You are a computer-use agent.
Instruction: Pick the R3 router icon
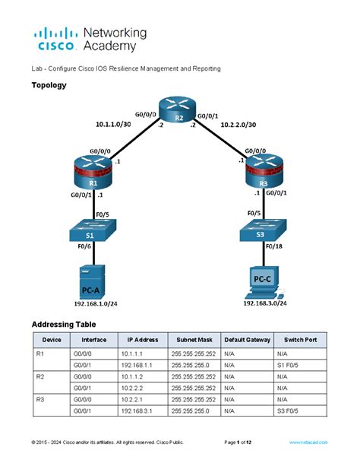click(x=264, y=174)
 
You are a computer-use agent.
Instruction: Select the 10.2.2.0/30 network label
click(x=238, y=124)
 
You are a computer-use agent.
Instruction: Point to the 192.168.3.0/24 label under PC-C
click(x=264, y=303)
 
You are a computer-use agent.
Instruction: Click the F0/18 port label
click(x=277, y=248)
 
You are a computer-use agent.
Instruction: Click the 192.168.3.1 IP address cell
click(x=138, y=411)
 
